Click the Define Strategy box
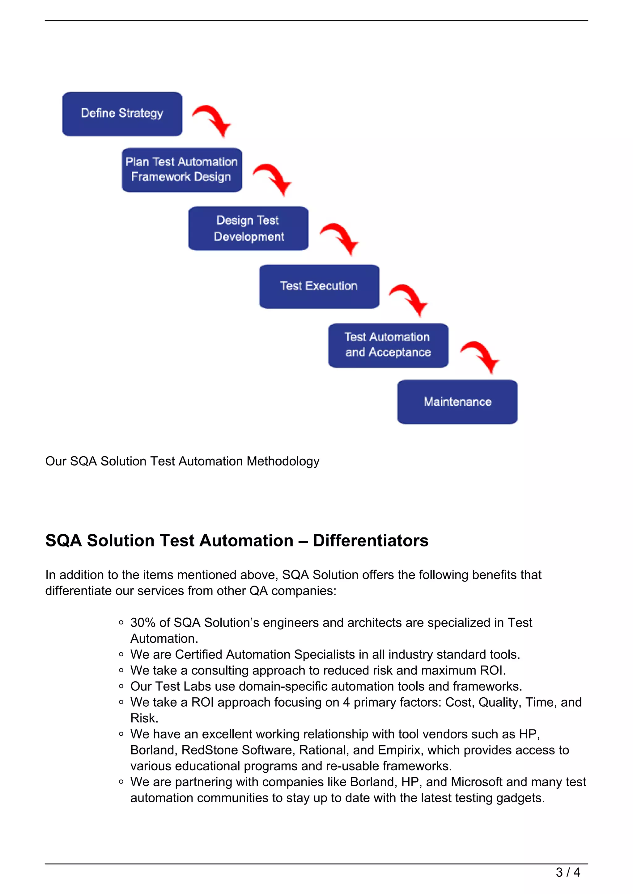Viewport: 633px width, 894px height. point(122,114)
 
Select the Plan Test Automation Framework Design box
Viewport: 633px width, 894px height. point(182,170)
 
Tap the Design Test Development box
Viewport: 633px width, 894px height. point(248,228)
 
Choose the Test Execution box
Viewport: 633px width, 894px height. point(319,286)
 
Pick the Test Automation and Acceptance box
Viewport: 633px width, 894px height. point(388,345)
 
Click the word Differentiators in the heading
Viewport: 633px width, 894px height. point(370,541)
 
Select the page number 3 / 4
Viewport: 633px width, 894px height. point(567,872)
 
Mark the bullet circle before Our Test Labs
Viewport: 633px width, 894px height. point(121,687)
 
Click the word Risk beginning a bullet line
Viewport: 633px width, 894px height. point(143,718)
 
